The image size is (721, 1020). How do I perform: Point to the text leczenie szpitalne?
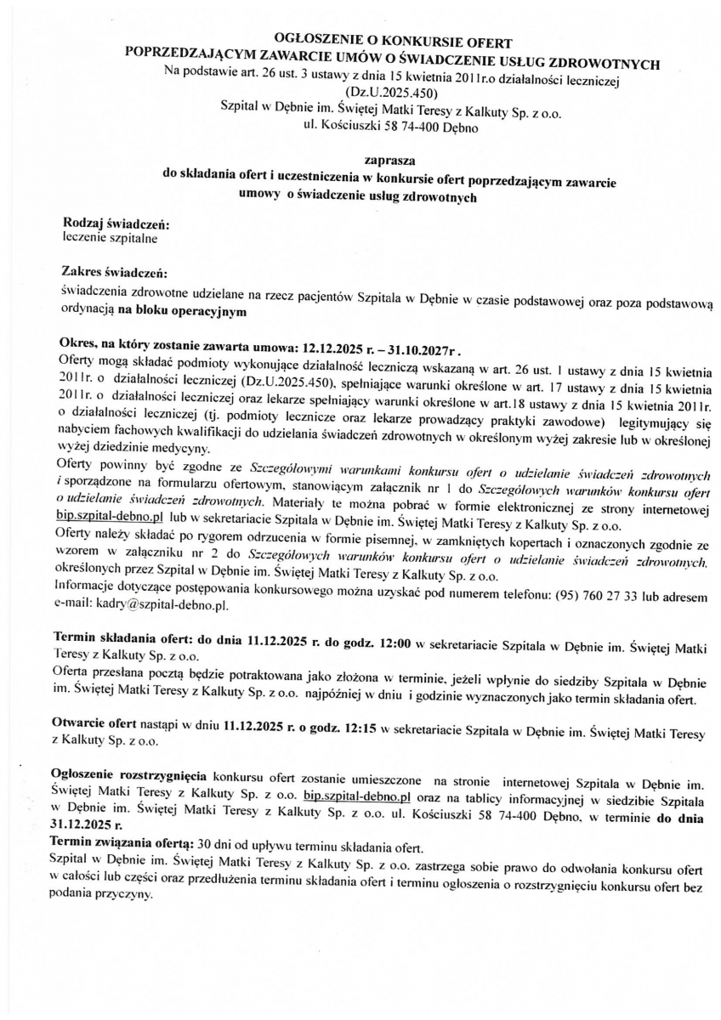click(110, 238)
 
